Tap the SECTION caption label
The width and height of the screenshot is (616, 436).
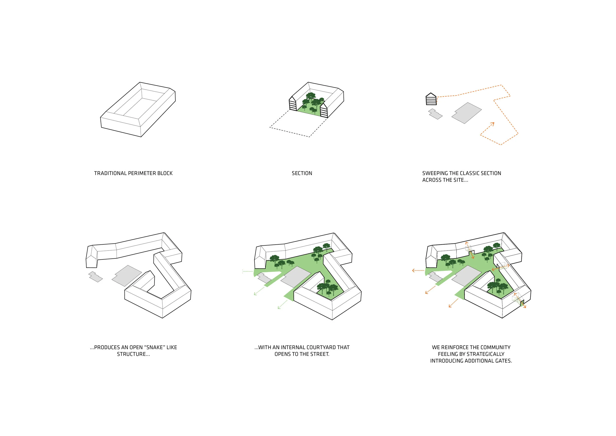pyautogui.click(x=302, y=173)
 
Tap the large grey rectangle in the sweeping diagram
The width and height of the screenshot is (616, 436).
pyautogui.click(x=467, y=113)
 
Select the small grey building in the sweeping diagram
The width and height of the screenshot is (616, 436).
pyautogui.click(x=435, y=114)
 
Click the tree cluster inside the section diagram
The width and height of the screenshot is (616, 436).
pyautogui.click(x=311, y=102)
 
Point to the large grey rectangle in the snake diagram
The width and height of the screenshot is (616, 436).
pyautogui.click(x=127, y=275)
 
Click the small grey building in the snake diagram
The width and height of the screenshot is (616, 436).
pyautogui.click(x=96, y=277)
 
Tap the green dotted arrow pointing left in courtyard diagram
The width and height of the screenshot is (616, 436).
pyautogui.click(x=247, y=272)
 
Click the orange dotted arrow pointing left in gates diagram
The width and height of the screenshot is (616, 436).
pyautogui.click(x=417, y=270)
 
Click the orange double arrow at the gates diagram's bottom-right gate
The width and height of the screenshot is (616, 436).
pyautogui.click(x=520, y=301)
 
